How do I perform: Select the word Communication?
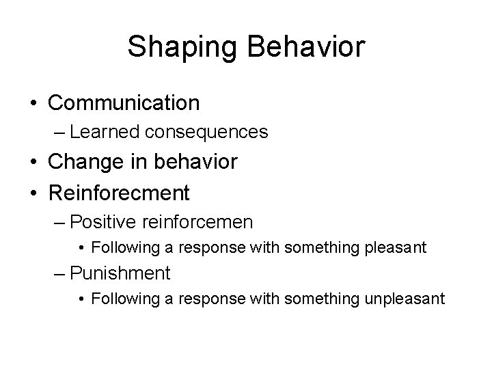(124, 103)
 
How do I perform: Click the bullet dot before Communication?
(33, 104)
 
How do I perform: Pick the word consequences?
(212, 132)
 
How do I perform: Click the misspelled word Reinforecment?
(118, 193)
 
